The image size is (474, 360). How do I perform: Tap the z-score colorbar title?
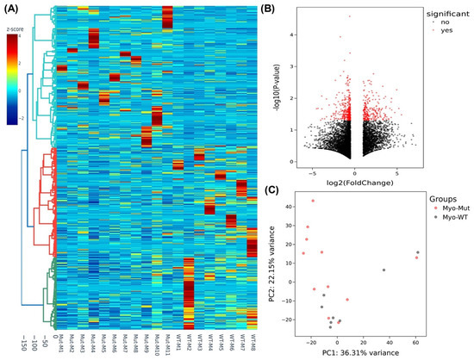click(x=19, y=28)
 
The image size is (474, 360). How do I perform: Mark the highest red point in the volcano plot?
click(x=350, y=16)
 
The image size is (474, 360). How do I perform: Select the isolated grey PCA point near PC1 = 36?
click(x=384, y=270)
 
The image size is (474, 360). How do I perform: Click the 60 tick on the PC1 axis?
click(x=416, y=342)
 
